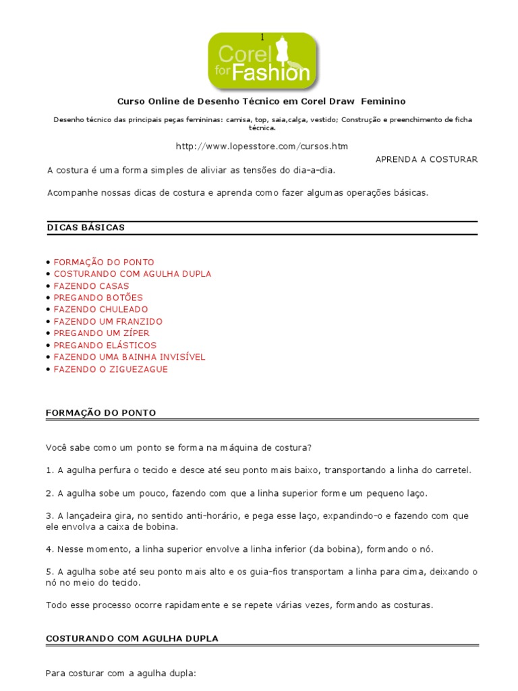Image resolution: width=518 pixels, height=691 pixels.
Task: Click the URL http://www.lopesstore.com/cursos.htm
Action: tap(262, 146)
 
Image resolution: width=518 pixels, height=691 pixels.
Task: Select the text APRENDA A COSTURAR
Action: tap(426, 159)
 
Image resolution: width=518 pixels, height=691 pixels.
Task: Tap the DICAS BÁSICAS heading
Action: tap(86, 227)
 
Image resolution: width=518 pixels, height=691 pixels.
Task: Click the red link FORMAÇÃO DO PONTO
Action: tap(104, 262)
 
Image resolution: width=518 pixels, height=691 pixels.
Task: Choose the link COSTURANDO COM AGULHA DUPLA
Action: tap(132, 274)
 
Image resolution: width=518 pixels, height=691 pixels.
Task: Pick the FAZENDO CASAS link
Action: tap(91, 286)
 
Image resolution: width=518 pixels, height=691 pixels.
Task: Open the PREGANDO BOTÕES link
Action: tap(98, 298)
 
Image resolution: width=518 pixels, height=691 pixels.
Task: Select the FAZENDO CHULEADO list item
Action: tap(100, 310)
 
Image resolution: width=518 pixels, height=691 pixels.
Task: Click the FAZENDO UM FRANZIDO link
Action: tap(108, 322)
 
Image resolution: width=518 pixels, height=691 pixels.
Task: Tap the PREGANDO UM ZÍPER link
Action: tap(102, 333)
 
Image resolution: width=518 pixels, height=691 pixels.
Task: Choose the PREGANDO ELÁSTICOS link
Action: tap(105, 345)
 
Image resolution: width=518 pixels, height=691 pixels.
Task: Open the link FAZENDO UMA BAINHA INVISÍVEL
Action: tap(129, 357)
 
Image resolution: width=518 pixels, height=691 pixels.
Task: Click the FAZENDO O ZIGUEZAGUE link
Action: tap(111, 369)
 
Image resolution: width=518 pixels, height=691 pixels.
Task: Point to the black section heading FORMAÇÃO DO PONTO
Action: tap(101, 412)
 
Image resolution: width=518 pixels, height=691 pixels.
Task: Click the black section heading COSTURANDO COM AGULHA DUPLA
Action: tap(132, 638)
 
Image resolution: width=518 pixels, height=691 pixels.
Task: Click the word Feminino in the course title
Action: tap(383, 101)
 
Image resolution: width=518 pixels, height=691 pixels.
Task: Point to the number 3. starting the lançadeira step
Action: tap(49, 516)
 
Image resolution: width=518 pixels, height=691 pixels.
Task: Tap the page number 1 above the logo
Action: tap(262, 36)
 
